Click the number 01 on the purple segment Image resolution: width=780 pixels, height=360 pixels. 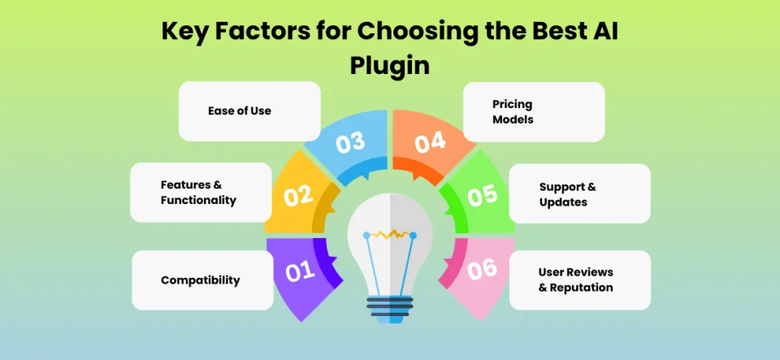click(299, 271)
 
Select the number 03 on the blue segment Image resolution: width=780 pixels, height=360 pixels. click(350, 143)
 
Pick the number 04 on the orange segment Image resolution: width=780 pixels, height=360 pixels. click(431, 142)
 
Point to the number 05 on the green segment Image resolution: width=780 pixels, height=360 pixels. click(482, 197)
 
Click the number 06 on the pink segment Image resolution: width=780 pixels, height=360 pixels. click(483, 269)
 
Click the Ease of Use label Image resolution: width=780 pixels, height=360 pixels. click(240, 111)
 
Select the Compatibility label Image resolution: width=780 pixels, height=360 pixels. click(201, 280)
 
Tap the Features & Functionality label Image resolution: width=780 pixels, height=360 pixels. click(198, 193)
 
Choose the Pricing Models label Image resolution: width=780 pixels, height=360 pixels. click(513, 112)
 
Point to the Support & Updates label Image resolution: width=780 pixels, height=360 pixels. click(567, 194)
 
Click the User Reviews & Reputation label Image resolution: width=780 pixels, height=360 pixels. click(575, 280)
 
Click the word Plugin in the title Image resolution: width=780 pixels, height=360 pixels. click(389, 66)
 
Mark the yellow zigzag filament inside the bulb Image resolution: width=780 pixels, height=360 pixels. click(390, 234)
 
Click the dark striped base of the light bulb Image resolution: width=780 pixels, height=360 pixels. click(390, 306)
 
